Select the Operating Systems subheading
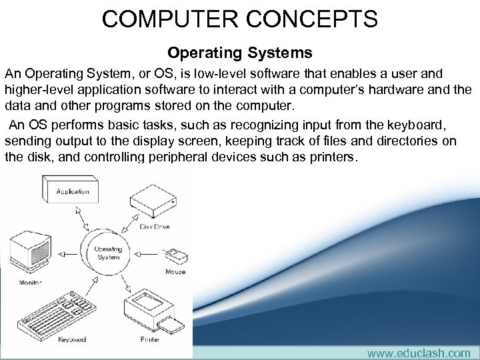click(239, 52)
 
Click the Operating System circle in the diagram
click(108, 253)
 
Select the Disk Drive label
click(155, 227)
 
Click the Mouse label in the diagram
click(175, 271)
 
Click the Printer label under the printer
click(150, 339)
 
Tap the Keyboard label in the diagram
click(72, 339)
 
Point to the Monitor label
click(29, 282)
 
